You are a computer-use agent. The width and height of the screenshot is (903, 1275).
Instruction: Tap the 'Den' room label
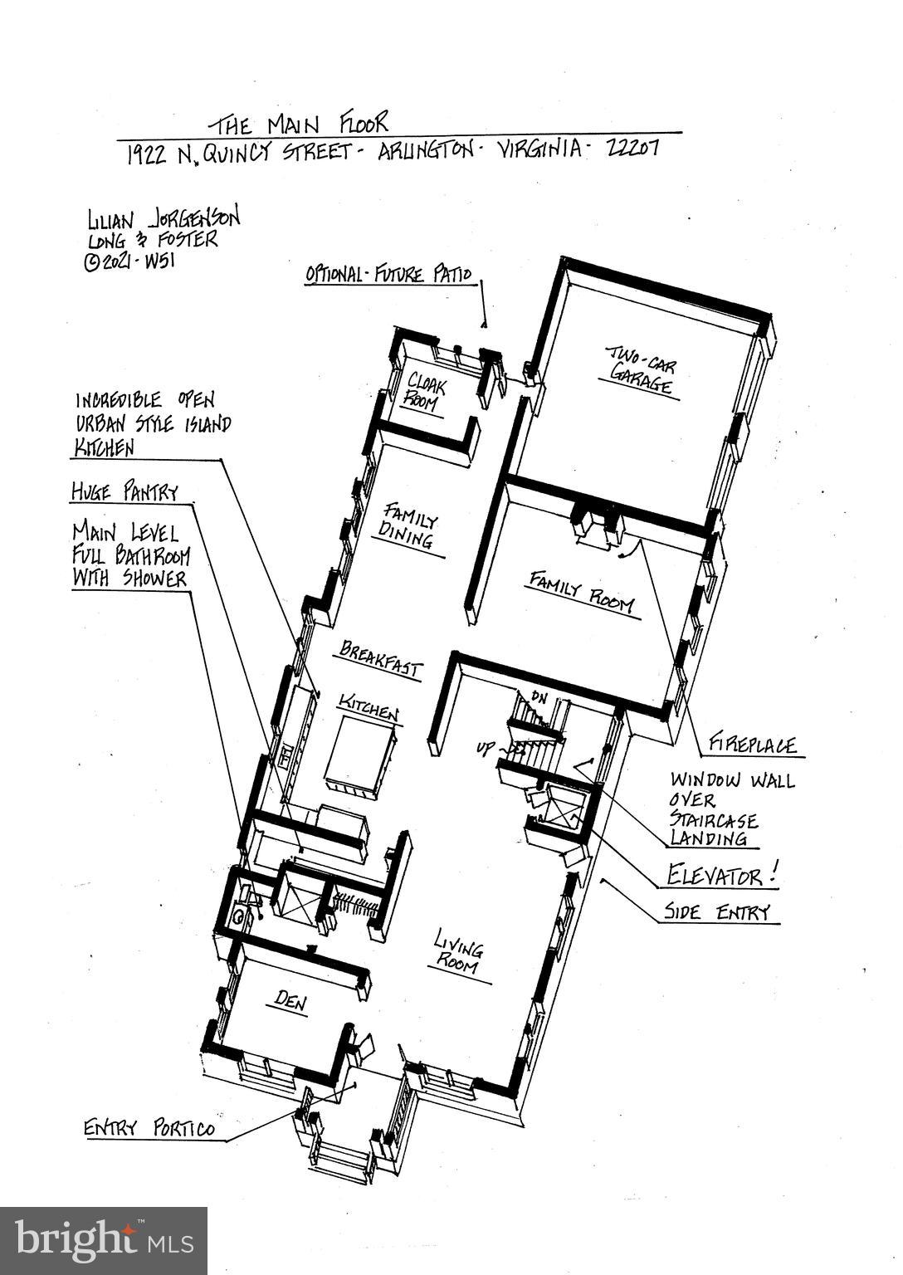[290, 1002]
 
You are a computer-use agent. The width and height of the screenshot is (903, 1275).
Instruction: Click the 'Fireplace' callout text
[752, 745]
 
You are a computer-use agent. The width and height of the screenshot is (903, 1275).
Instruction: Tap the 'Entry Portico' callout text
[149, 1129]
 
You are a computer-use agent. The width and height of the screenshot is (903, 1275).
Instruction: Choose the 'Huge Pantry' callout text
[124, 491]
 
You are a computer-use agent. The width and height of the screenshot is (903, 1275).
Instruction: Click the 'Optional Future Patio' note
[388, 274]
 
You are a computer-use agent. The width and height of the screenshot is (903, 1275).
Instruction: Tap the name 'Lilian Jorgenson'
[164, 219]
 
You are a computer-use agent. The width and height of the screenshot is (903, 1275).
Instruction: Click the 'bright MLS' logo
[104, 1240]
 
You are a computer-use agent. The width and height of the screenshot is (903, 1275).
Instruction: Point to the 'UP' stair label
[485, 749]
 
